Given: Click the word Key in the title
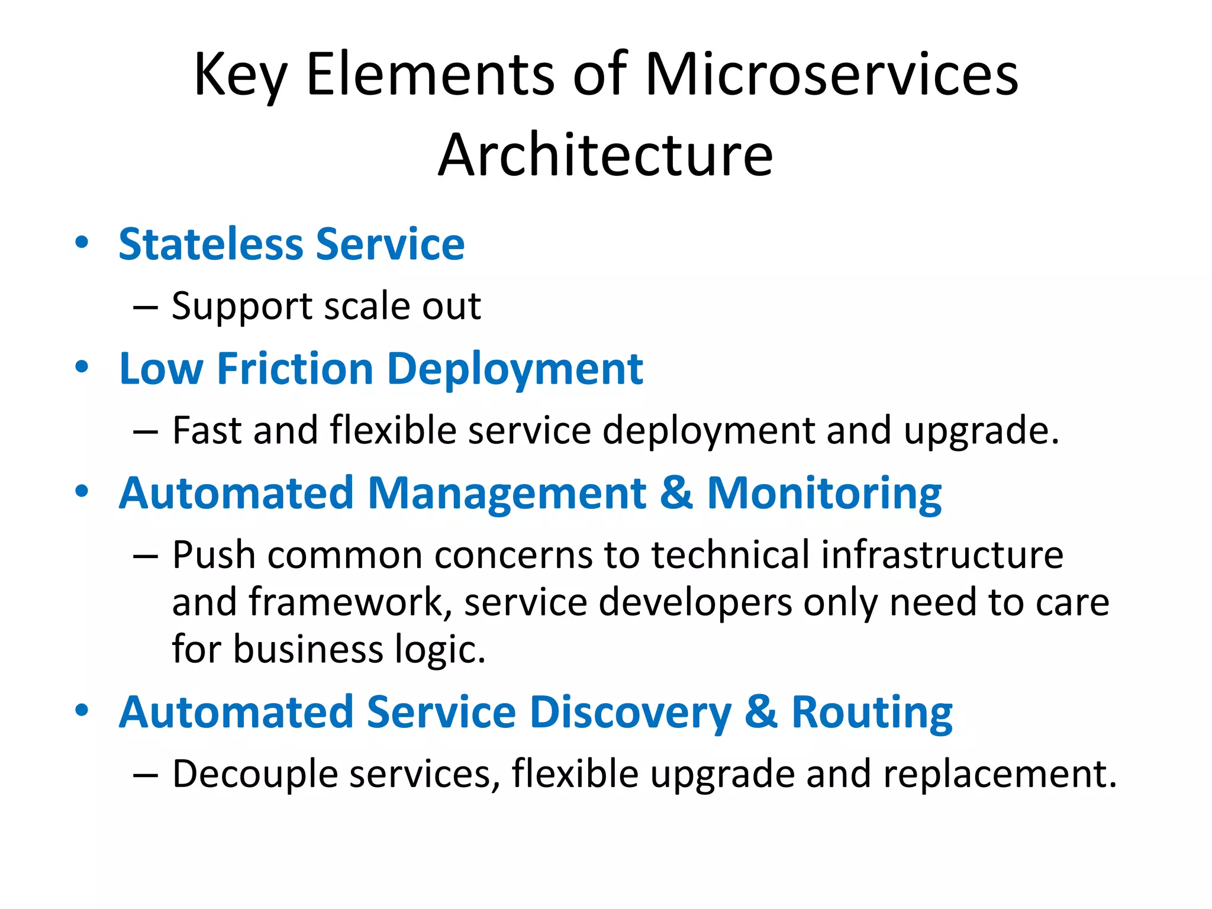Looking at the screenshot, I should click(240, 75).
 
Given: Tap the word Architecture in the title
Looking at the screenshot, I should click(605, 154).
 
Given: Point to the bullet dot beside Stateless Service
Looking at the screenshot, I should click(82, 242).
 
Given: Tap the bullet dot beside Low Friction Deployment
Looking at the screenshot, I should click(82, 367).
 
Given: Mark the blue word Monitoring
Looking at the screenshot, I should click(824, 494).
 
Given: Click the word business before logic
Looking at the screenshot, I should click(308, 649).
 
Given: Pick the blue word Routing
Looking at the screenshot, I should click(872, 713).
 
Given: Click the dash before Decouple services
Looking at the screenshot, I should click(146, 775).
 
